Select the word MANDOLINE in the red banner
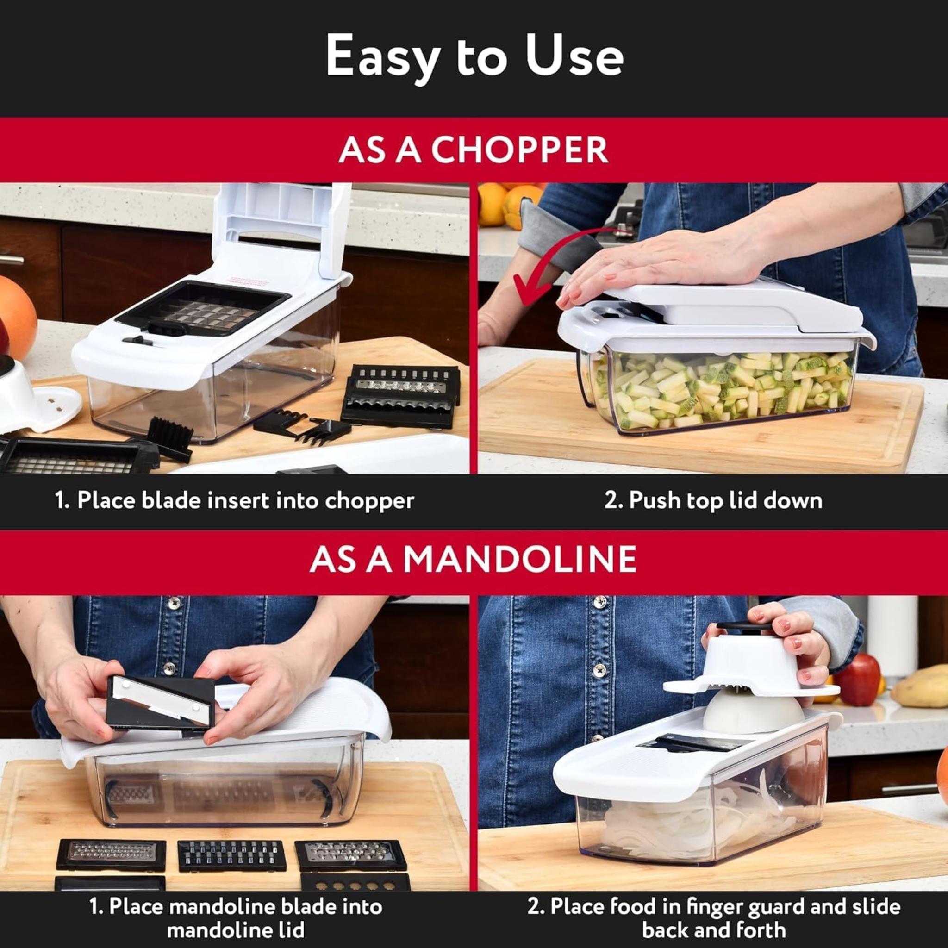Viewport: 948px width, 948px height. pyautogui.click(x=520, y=559)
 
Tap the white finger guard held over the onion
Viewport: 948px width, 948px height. pyautogui.click(x=751, y=662)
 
